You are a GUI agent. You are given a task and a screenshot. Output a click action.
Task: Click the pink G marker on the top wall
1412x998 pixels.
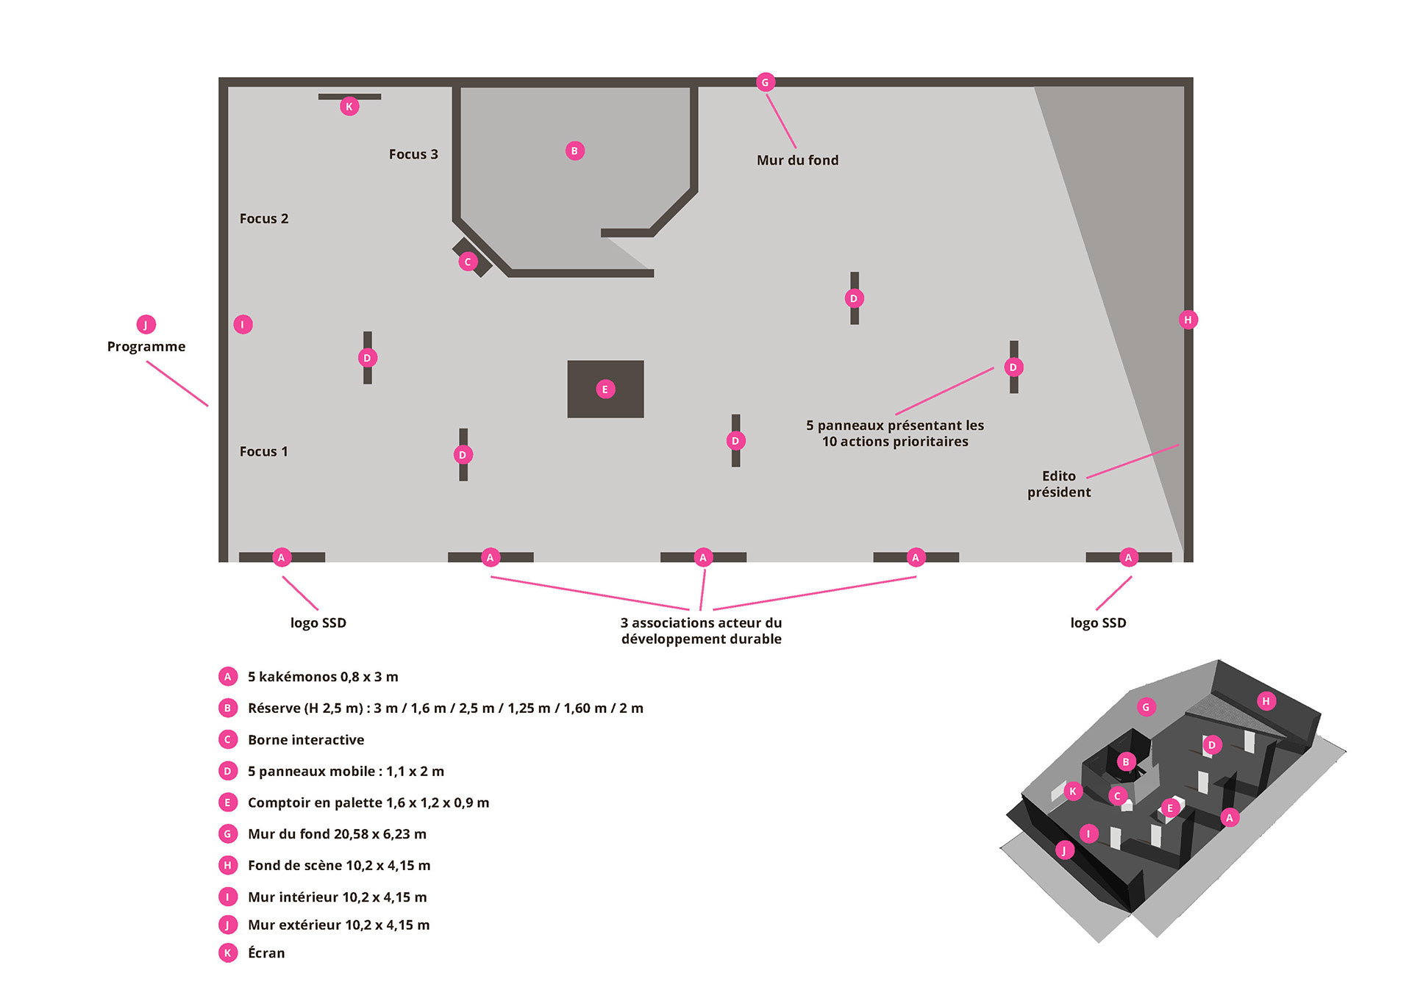pos(765,82)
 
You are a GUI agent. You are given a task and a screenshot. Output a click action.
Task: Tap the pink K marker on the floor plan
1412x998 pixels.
pos(349,107)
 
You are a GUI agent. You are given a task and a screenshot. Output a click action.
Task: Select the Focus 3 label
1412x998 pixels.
pos(413,154)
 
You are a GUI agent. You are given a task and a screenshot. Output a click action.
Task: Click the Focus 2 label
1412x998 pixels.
pos(264,219)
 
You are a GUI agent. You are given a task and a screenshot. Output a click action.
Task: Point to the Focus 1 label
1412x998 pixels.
pos(264,452)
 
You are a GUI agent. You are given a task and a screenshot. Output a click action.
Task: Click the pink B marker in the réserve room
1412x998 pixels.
pos(575,151)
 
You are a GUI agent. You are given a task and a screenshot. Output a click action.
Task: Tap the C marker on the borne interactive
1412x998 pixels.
pos(468,262)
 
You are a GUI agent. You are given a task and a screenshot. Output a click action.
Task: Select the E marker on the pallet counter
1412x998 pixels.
pos(605,389)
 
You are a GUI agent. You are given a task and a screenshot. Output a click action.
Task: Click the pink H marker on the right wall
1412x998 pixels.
pos(1188,320)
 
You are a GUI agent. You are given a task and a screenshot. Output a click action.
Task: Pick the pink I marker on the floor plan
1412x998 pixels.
pos(243,324)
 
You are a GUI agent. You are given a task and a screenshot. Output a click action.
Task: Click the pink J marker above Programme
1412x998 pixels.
pos(146,324)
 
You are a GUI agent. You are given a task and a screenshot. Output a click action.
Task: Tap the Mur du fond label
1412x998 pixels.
pos(798,160)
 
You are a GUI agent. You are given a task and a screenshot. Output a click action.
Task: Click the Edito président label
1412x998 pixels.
pos(1059,484)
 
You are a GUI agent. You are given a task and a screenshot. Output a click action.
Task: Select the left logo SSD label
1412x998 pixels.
pos(318,623)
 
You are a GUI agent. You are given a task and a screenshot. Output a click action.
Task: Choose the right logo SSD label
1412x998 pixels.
pos(1098,623)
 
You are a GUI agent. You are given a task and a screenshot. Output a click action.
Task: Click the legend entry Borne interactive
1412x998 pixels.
pos(306,740)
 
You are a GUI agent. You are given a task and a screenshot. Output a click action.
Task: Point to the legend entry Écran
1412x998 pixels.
pos(266,953)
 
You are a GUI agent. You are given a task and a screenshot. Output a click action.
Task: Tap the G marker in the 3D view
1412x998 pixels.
pos(1146,707)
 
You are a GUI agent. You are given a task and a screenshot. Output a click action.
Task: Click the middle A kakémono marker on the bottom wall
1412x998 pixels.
pos(703,557)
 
